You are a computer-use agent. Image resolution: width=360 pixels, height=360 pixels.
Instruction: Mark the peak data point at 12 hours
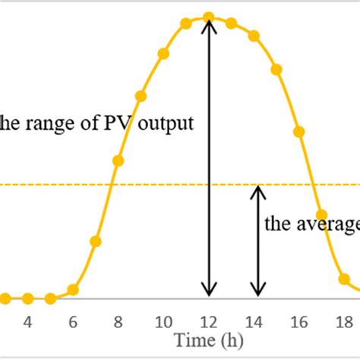(x=208, y=17)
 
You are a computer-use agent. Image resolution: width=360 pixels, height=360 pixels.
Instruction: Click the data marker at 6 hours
(x=73, y=289)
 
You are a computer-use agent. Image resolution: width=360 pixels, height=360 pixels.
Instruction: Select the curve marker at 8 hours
(x=118, y=160)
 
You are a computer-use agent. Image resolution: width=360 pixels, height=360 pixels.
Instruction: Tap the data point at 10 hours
(x=163, y=54)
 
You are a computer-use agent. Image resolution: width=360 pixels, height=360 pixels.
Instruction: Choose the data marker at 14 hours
(x=254, y=36)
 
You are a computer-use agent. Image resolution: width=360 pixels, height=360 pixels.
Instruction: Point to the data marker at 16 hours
(x=298, y=131)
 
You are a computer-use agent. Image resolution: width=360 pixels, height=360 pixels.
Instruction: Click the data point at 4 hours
(x=27, y=298)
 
